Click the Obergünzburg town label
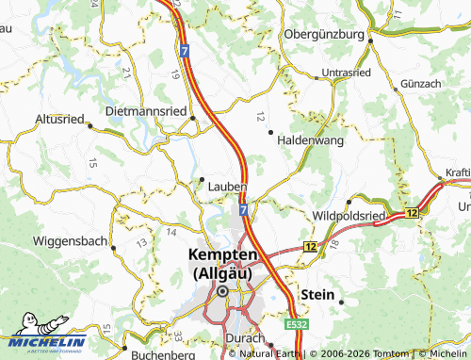click(x=323, y=35)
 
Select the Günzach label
click(x=420, y=85)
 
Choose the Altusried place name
click(x=59, y=119)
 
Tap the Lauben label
click(x=227, y=187)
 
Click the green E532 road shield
click(x=299, y=323)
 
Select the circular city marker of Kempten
click(x=223, y=292)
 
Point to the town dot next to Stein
click(x=341, y=301)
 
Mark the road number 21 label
click(x=125, y=72)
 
